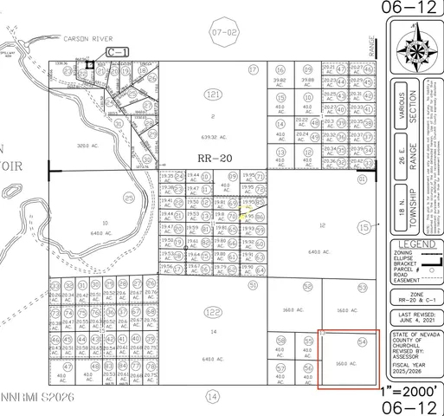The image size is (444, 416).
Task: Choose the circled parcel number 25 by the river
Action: click(x=129, y=198)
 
